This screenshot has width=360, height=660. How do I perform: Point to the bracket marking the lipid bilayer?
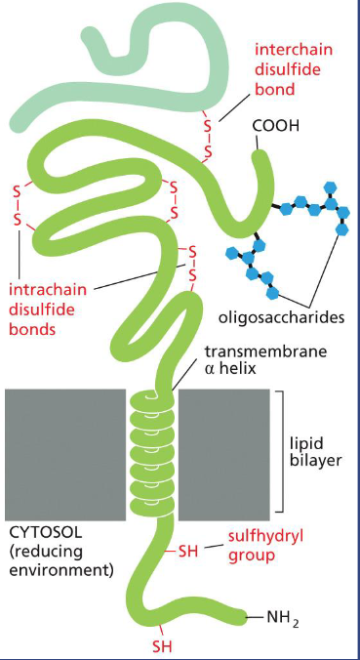click(x=281, y=450)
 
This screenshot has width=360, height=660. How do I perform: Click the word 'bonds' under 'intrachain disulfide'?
click(x=30, y=329)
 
